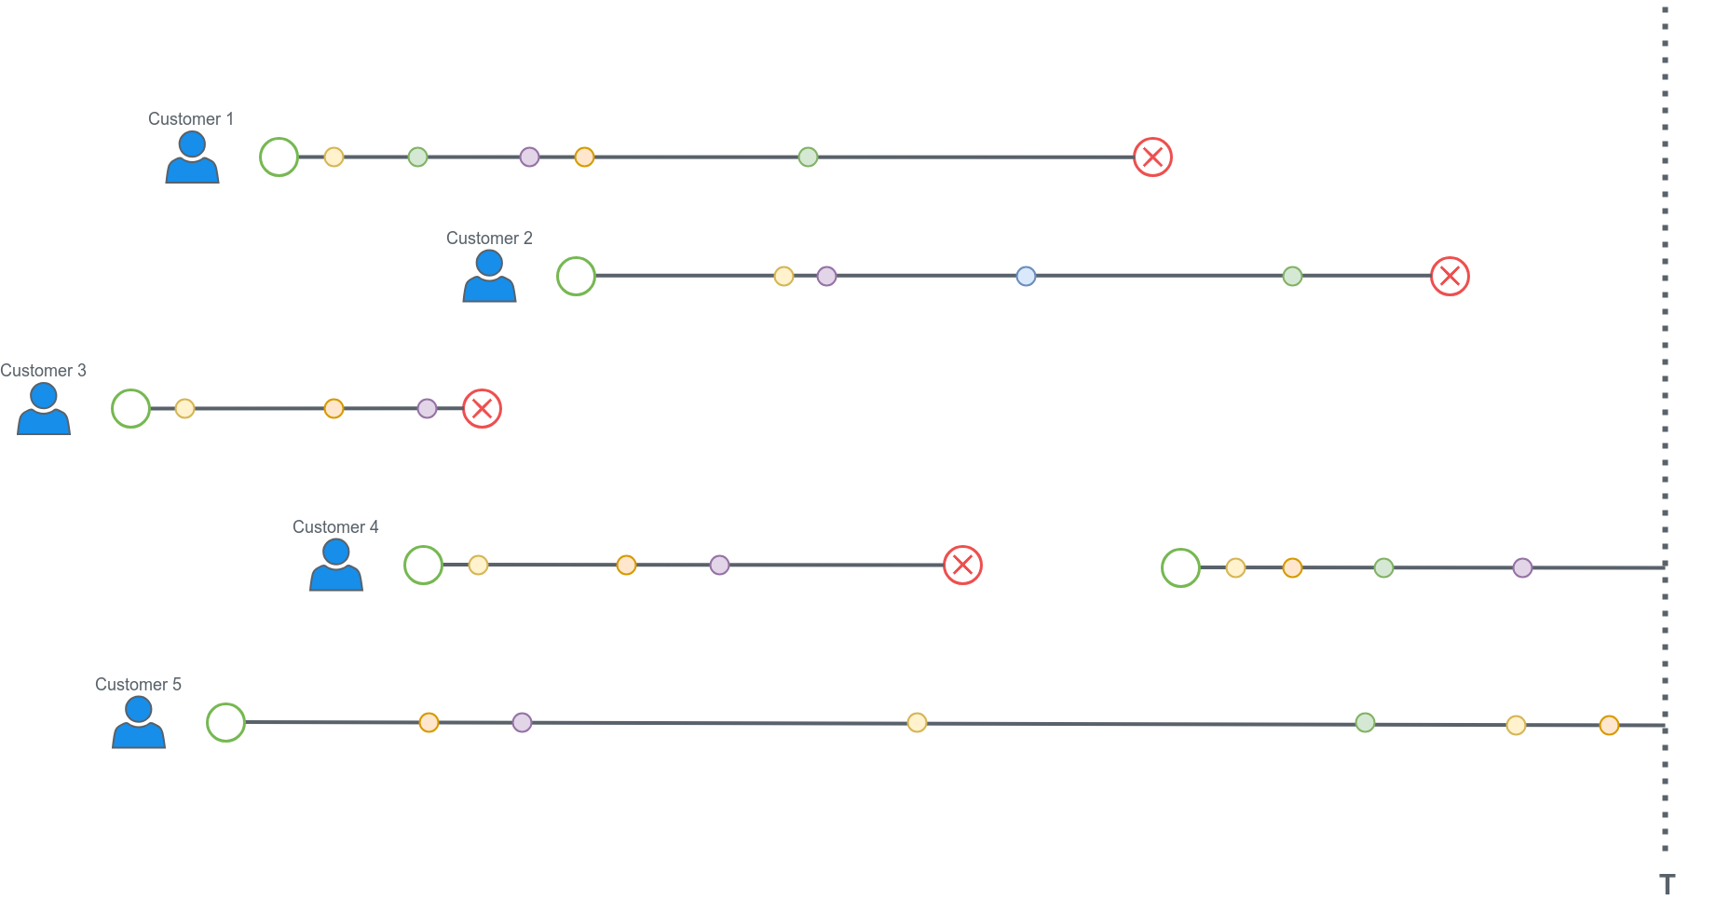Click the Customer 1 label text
click(190, 119)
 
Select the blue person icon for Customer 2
click(489, 277)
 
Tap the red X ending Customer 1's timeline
click(1152, 157)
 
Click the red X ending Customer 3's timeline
click(482, 408)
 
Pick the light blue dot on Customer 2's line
click(1026, 276)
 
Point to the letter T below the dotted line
click(1667, 884)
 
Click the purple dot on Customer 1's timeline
click(529, 157)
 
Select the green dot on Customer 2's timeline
click(1292, 276)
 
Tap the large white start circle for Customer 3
click(130, 408)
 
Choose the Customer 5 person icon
click(139, 723)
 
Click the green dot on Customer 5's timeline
click(1365, 722)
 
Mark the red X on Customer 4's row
click(962, 565)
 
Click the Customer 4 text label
click(335, 527)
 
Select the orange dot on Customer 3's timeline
click(334, 408)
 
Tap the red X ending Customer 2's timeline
click(1450, 276)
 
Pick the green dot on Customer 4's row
click(1383, 567)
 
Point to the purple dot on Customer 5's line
click(522, 722)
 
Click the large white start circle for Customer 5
click(225, 722)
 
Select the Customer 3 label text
click(43, 371)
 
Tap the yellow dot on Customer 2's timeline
click(783, 276)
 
